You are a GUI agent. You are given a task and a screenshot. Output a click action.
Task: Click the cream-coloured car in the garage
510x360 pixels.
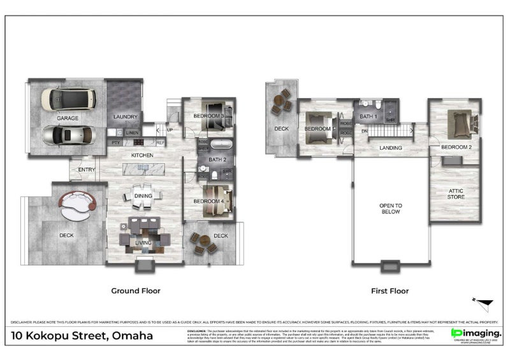[x=68, y=99]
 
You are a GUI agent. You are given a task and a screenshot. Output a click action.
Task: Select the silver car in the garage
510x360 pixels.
[x=66, y=134]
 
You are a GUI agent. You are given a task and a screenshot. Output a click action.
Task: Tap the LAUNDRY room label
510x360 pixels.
[x=125, y=117]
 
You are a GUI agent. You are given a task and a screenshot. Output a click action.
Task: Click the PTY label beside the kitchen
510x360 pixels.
[x=116, y=143]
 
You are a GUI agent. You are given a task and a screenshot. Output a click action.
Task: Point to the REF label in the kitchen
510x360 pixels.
[x=160, y=143]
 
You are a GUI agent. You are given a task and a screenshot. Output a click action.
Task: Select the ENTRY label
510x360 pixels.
[x=87, y=169]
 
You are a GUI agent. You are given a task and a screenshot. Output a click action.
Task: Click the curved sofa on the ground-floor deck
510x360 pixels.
[x=78, y=205]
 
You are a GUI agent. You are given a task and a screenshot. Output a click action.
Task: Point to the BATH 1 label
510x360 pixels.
[x=368, y=117]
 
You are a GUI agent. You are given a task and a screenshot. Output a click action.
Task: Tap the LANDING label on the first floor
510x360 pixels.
[x=390, y=148]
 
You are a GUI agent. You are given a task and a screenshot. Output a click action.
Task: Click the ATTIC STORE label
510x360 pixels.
[x=455, y=193]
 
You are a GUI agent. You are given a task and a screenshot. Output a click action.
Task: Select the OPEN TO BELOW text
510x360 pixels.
[x=390, y=208]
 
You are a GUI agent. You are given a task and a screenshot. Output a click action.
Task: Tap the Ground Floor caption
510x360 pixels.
[x=136, y=291]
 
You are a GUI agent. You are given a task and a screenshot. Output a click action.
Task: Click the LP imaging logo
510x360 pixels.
[x=476, y=333]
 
